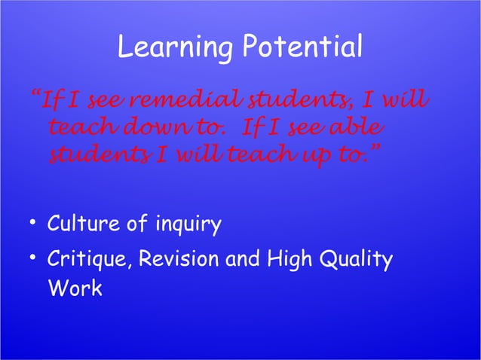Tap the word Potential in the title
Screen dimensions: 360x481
tap(302, 50)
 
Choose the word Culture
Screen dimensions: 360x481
tap(84, 224)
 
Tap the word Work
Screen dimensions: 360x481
tap(74, 288)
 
